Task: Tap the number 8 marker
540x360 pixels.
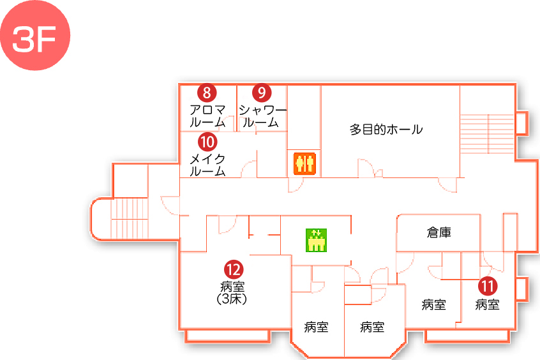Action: (207, 93)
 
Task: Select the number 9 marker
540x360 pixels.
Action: (262, 93)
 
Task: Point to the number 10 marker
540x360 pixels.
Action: (207, 141)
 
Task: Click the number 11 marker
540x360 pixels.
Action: (488, 287)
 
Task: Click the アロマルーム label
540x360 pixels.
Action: (207, 116)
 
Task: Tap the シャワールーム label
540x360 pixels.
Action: (262, 116)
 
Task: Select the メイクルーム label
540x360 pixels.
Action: (208, 165)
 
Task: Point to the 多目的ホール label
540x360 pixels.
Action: (386, 130)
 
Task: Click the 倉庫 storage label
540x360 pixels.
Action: (439, 233)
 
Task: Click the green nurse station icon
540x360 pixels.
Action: (316, 241)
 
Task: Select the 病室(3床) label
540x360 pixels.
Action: (232, 292)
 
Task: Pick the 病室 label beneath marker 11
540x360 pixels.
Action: (488, 305)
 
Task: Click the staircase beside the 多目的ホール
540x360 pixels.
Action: (487, 135)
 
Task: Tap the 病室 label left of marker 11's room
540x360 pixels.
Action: (434, 305)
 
